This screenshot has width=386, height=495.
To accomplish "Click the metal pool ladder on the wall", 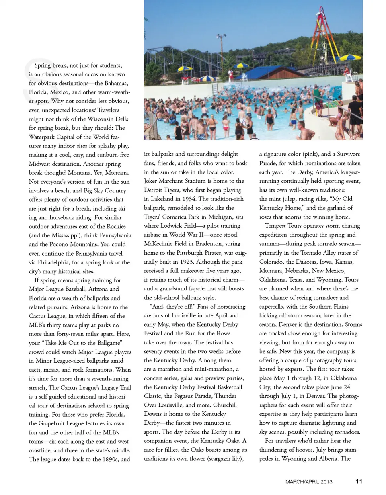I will coord(215,88).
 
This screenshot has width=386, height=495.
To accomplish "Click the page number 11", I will coord(359,481).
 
